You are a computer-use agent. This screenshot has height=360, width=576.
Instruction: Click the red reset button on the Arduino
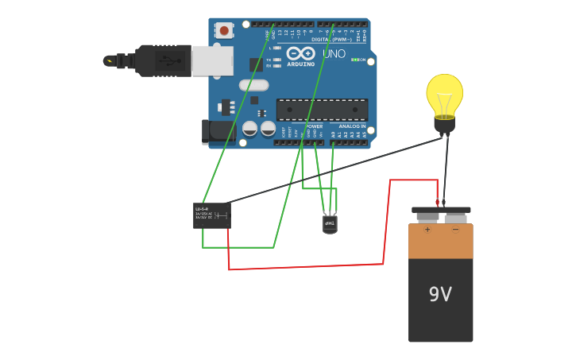click(x=224, y=31)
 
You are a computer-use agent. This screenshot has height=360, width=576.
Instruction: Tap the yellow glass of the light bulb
click(x=444, y=93)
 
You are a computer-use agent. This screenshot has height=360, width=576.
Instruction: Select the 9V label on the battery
click(x=440, y=295)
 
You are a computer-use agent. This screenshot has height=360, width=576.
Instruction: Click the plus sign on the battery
click(x=427, y=230)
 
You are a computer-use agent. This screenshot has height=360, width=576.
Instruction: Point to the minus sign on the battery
click(x=455, y=230)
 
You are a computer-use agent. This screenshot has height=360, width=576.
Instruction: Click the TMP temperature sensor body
click(x=330, y=224)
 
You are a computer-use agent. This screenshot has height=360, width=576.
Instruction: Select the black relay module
click(x=212, y=215)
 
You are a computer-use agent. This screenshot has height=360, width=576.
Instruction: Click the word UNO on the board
click(x=334, y=54)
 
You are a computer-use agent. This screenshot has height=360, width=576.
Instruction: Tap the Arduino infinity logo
click(x=302, y=53)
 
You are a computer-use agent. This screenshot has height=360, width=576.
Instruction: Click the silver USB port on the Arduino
click(x=213, y=60)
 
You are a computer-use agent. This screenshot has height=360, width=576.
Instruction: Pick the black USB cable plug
click(x=163, y=60)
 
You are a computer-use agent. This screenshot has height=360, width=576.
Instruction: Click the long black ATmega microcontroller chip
click(x=322, y=110)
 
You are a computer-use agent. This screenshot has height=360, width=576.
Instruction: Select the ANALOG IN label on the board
click(x=352, y=126)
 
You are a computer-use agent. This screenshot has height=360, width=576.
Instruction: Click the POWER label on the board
click(x=315, y=126)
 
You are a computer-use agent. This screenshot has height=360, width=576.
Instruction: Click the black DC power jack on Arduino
click(x=216, y=131)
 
